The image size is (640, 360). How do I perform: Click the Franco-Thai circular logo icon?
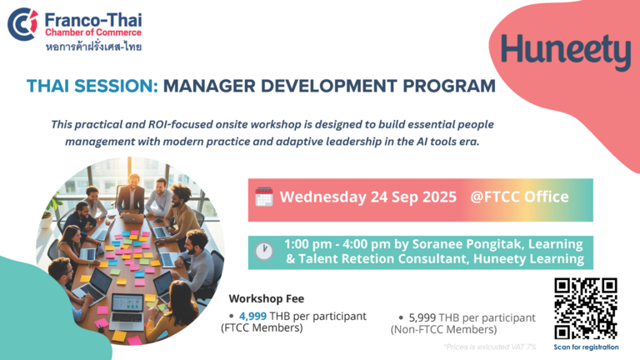point(22,24)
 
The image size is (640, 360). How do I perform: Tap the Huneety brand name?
point(566,51)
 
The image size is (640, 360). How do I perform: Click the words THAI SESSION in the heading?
point(92,86)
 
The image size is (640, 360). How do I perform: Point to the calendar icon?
point(264,197)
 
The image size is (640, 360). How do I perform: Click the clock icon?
point(264,251)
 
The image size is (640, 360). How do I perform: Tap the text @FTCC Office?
point(519,197)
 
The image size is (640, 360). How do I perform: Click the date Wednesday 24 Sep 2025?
point(367,197)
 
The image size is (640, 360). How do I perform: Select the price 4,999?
point(252,316)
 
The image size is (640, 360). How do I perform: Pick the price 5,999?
point(422,317)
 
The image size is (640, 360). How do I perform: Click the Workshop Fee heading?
point(266,299)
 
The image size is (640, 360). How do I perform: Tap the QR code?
point(586,308)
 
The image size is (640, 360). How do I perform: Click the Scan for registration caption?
point(586,347)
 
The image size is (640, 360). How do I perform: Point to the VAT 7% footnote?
point(490,347)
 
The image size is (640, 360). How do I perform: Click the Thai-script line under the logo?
point(93,47)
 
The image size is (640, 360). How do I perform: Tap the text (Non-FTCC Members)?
point(443,329)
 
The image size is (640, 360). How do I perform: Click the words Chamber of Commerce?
point(93,32)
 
